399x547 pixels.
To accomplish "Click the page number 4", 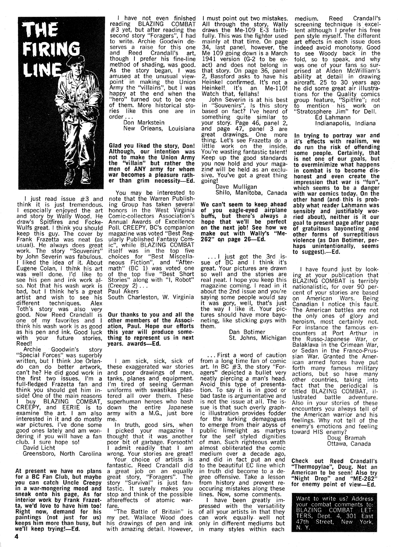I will pos(16,536).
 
